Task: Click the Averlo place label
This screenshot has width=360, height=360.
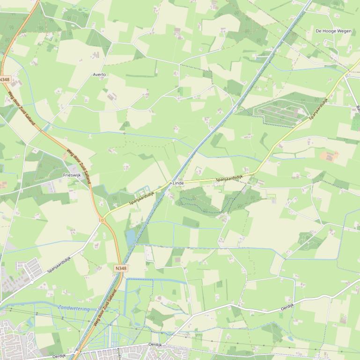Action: tap(99, 75)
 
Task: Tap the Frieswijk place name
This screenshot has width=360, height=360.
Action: tap(72, 175)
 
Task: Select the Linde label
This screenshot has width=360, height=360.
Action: tap(178, 183)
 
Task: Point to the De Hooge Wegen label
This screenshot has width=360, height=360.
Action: tap(333, 31)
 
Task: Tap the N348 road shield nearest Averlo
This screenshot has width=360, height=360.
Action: tap(5, 80)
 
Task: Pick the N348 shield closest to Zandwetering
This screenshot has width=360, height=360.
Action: tap(120, 268)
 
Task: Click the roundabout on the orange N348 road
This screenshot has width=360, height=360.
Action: tap(102, 219)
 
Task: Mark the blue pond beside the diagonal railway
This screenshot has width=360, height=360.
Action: tap(130, 238)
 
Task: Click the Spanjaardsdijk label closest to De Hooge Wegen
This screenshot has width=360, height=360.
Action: tap(318, 109)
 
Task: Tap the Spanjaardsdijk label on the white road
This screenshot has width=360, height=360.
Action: tap(59, 265)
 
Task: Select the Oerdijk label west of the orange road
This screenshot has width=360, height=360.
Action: tap(59, 356)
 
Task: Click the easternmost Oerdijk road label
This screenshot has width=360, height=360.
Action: tap(287, 307)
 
